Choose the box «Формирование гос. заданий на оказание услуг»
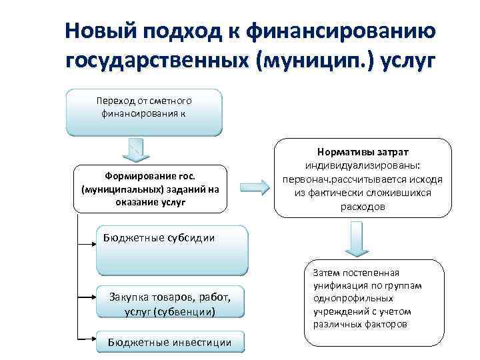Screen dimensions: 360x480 150,189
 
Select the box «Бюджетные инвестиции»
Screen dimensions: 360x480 170,343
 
